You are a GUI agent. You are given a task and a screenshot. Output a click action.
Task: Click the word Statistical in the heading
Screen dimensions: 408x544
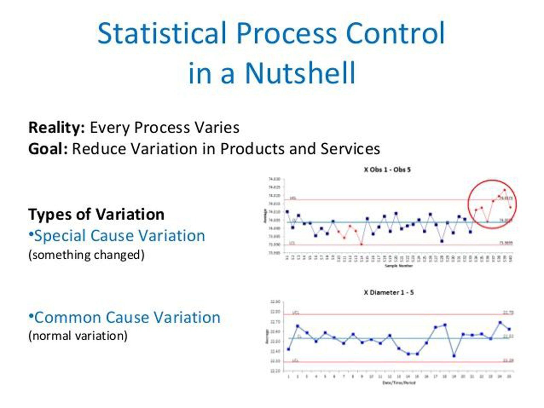[x=161, y=33]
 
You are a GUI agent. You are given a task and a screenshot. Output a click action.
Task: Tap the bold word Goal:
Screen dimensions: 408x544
[x=48, y=149]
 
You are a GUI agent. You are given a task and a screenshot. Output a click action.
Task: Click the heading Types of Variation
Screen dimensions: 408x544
[x=96, y=215]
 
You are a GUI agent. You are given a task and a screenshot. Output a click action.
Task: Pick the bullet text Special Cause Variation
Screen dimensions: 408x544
[x=120, y=236]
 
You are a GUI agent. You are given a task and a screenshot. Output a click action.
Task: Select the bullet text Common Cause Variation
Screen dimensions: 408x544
[x=127, y=318]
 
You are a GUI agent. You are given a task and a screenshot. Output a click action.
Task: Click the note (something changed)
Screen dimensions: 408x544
[x=86, y=255]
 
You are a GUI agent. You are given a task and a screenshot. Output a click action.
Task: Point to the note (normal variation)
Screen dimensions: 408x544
[x=78, y=336]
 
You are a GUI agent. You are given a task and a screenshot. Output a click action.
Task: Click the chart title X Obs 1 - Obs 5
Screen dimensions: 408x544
[x=387, y=170]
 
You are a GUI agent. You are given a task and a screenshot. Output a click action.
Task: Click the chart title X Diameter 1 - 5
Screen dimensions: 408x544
[x=389, y=292]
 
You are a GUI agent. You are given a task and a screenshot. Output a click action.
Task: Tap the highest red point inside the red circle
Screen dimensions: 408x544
[x=505, y=190]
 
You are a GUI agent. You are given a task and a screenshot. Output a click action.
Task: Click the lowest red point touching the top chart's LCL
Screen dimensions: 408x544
[x=361, y=244]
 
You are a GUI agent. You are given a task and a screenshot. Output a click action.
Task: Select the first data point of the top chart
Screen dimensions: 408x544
[x=287, y=212]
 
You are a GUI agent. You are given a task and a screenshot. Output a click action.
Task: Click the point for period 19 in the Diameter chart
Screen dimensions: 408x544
[x=454, y=356]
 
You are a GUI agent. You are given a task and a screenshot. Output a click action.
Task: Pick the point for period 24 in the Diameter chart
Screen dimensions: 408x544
[x=500, y=322]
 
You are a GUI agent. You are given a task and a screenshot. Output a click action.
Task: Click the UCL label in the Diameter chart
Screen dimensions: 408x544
[x=295, y=312]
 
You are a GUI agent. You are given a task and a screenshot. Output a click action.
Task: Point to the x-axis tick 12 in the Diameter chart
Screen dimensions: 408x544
[x=390, y=376]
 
